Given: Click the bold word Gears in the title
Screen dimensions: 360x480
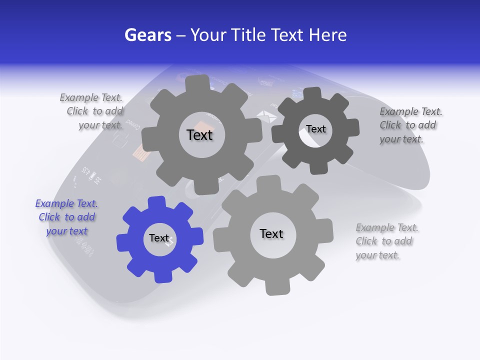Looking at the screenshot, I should point(148,35).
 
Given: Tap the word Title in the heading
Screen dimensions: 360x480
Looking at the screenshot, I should point(247,35).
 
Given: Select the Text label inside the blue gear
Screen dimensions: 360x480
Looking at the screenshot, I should point(159,238).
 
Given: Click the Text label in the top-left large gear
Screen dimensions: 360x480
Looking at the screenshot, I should point(199,135).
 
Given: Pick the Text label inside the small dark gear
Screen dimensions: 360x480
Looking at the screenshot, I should point(315,129).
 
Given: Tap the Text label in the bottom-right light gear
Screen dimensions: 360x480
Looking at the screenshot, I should point(271,233).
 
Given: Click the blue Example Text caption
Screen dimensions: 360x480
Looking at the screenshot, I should point(66,217).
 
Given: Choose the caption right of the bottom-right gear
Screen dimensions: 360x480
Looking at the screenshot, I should point(386,241).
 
